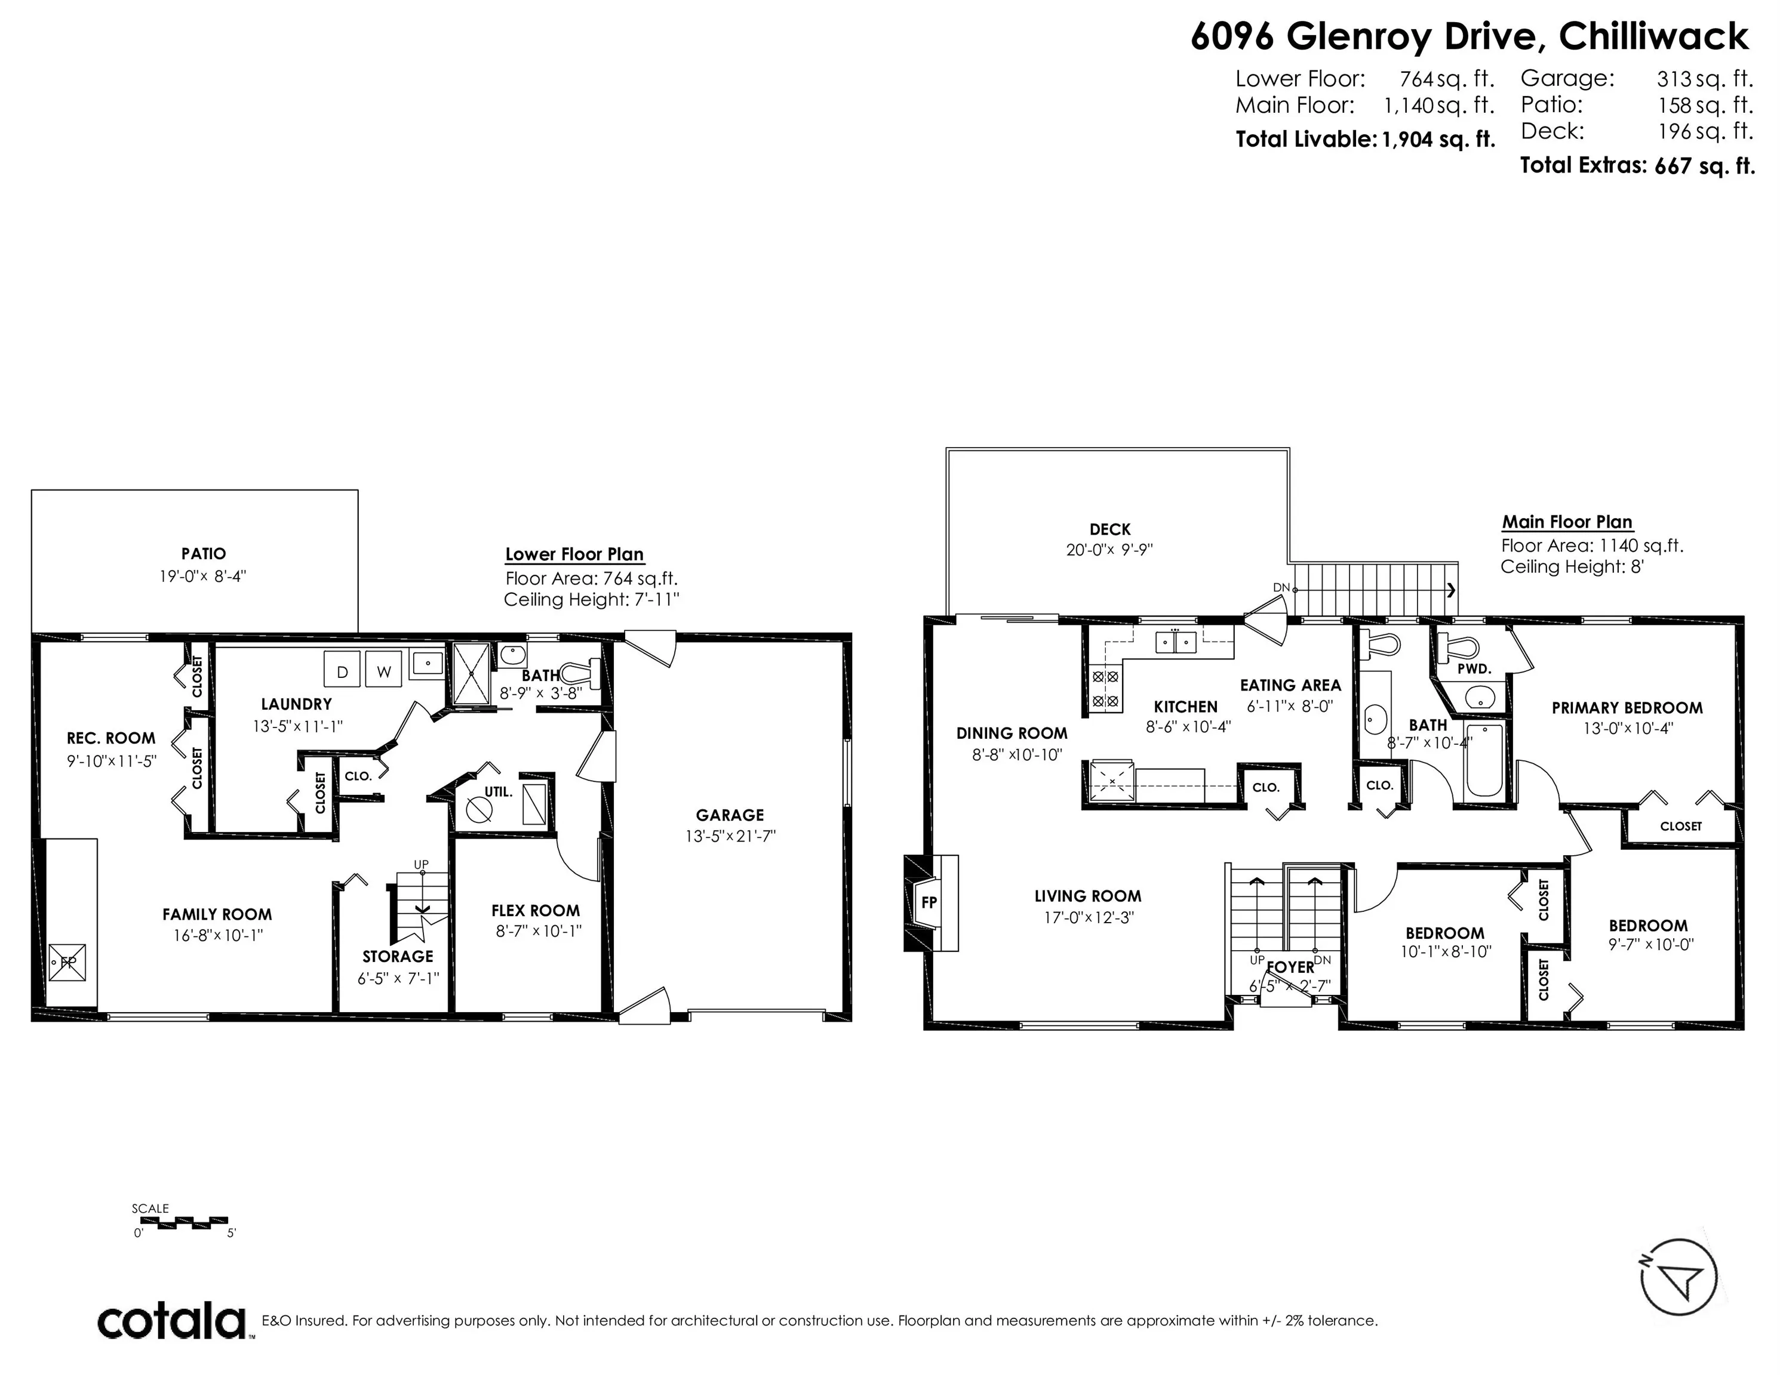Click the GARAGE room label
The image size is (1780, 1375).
click(730, 815)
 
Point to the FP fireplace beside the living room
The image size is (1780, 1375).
click(929, 902)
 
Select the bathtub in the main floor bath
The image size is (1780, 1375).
click(1484, 760)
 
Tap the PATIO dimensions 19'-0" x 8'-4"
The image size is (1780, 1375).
click(203, 576)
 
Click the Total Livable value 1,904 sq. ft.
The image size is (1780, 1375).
click(1438, 139)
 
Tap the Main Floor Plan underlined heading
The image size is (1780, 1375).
click(1566, 522)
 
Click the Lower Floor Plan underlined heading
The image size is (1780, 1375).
click(574, 554)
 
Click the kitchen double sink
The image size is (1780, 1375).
click(1175, 643)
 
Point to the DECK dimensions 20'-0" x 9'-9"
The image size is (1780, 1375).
click(1109, 550)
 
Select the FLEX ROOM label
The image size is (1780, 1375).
click(536, 911)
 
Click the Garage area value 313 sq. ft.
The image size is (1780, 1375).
click(1704, 79)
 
